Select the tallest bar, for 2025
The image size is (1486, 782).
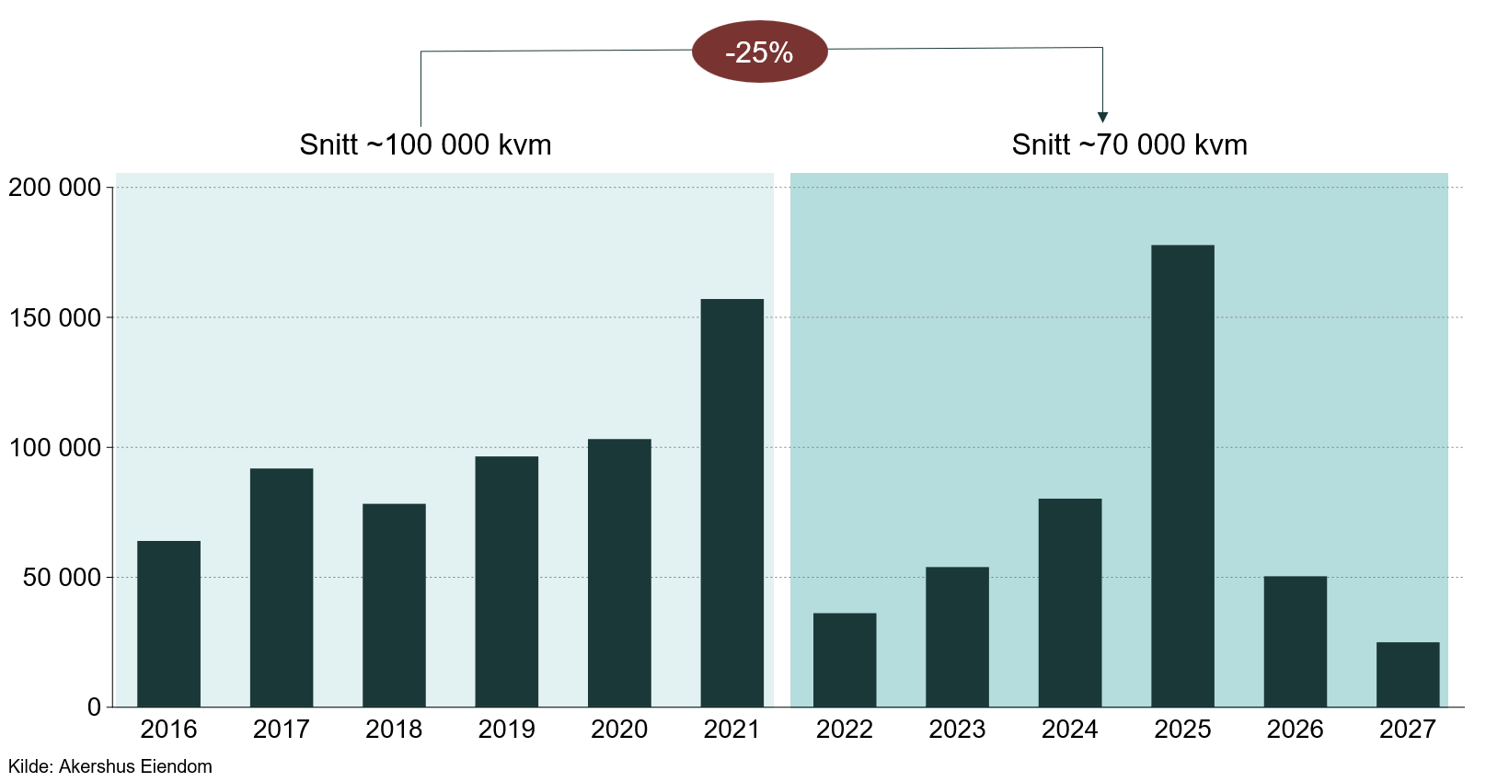(x=1182, y=476)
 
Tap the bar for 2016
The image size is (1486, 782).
(x=168, y=624)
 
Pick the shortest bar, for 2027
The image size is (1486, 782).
(x=1408, y=674)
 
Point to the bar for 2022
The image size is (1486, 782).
(x=845, y=660)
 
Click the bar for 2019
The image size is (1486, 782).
(x=507, y=581)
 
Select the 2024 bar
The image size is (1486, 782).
(x=1070, y=603)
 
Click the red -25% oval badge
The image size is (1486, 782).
(x=759, y=52)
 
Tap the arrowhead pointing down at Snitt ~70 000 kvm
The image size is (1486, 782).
(x=1102, y=117)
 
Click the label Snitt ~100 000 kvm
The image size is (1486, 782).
(x=425, y=145)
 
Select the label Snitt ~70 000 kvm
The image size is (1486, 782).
(x=1129, y=145)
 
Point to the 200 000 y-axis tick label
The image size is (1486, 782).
(x=54, y=188)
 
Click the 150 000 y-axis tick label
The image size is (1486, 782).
(x=54, y=318)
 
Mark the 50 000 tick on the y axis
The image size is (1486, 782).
(x=62, y=578)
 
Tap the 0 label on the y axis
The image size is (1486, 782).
(x=94, y=707)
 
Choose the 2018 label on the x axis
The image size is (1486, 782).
(x=394, y=730)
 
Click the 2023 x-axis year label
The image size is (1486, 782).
(x=957, y=730)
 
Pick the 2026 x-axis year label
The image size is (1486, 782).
(x=1295, y=730)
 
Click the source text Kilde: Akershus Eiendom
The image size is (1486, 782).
(x=110, y=766)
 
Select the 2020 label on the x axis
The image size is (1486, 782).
(x=619, y=730)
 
